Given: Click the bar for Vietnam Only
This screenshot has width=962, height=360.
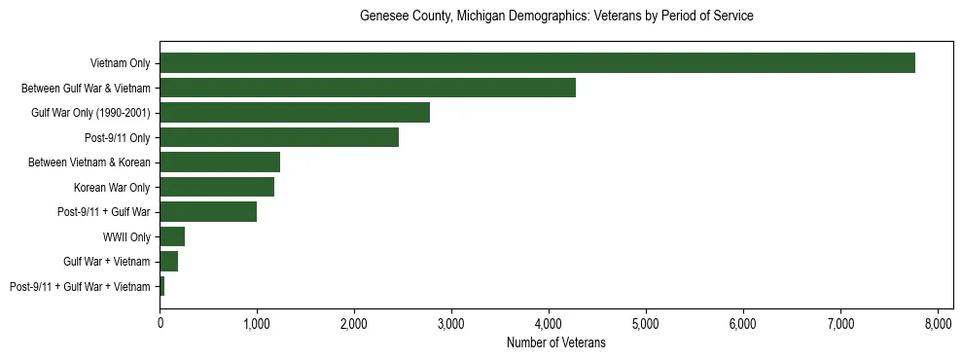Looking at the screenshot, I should click(x=537, y=63).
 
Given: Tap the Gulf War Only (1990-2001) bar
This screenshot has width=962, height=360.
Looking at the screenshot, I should click(x=295, y=113).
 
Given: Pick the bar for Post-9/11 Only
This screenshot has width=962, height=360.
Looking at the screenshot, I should click(x=279, y=137).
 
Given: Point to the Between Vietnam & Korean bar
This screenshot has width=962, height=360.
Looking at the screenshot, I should click(x=220, y=162).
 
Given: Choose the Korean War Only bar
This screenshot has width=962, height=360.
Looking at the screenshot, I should click(x=217, y=187).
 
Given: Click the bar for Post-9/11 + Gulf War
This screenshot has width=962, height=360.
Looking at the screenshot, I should click(x=208, y=212).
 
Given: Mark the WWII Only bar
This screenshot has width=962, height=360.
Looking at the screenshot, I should click(x=172, y=236).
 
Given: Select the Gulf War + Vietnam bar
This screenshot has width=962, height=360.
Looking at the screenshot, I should click(x=169, y=262).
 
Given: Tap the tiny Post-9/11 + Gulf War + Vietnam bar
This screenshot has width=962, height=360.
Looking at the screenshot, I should click(x=162, y=286).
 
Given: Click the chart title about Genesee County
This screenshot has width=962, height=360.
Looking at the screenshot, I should click(x=556, y=17).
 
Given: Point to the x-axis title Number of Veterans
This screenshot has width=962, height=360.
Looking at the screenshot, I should click(x=556, y=342).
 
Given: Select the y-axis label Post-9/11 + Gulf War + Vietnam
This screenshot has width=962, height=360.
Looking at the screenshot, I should click(x=80, y=286).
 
